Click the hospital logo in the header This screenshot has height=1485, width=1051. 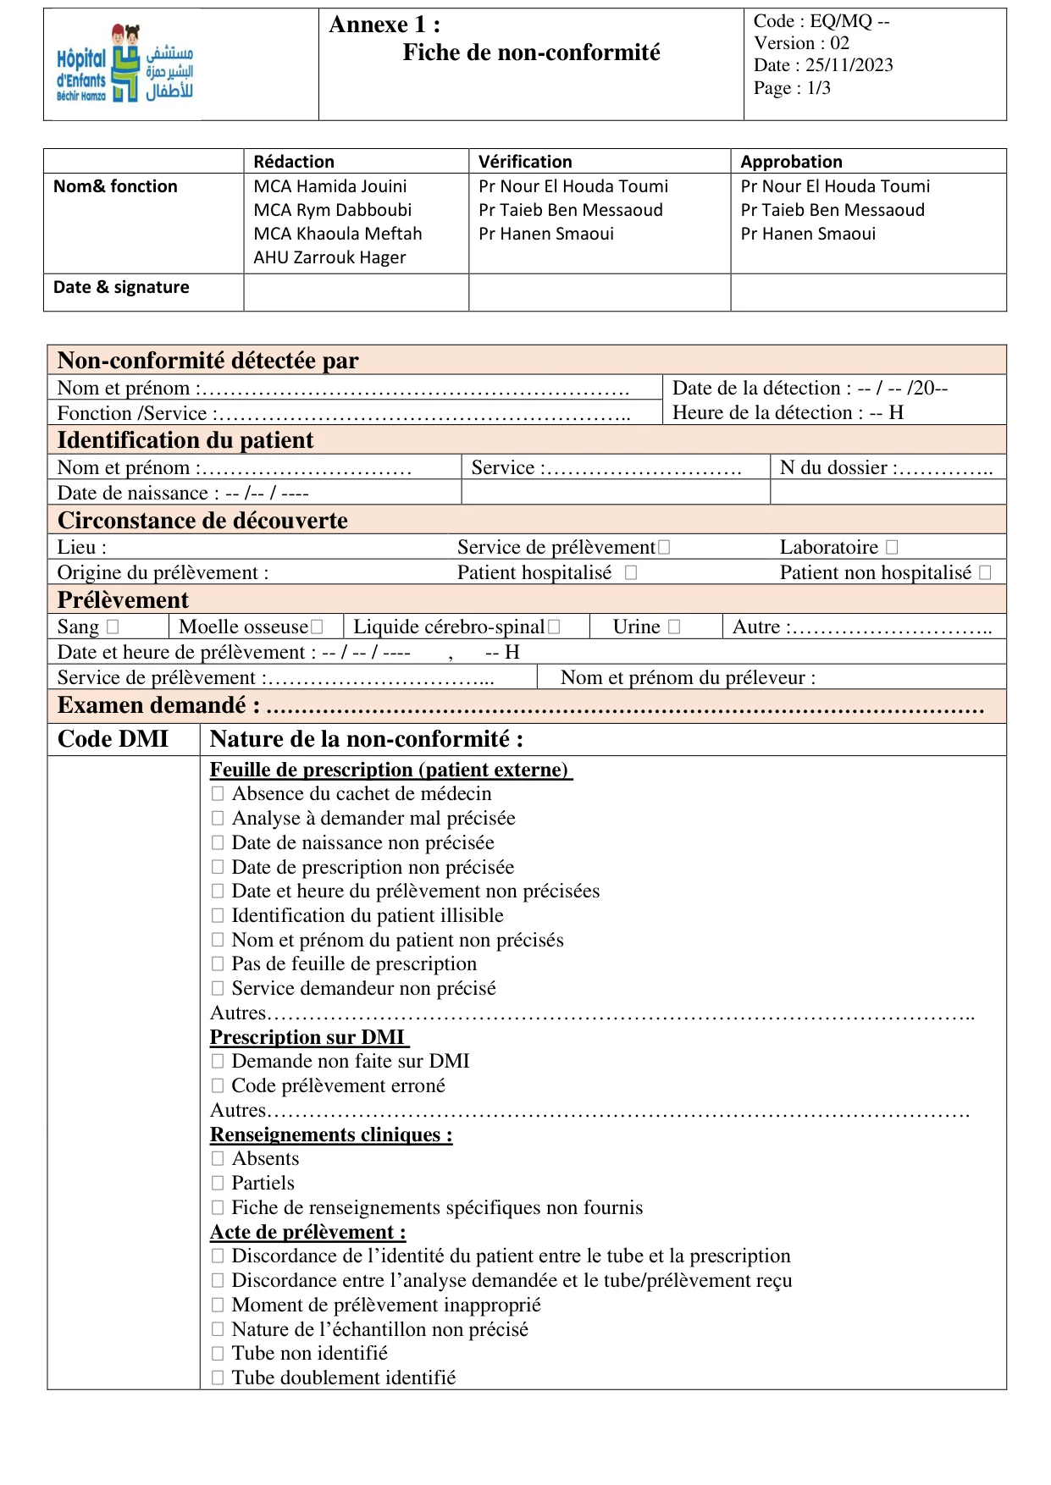(x=124, y=63)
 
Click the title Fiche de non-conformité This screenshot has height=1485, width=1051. (x=531, y=52)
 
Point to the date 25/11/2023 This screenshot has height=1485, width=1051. (x=849, y=65)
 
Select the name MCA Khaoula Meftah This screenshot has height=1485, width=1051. (x=337, y=234)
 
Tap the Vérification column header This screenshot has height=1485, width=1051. (x=525, y=162)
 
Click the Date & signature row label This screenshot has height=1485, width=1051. (x=121, y=287)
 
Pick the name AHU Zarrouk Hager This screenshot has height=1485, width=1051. (x=329, y=257)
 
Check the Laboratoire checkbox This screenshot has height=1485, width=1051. (x=892, y=548)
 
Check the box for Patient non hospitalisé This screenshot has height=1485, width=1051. (x=985, y=573)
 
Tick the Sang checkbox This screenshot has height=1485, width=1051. (x=113, y=627)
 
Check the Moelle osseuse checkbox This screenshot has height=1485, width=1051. (x=317, y=627)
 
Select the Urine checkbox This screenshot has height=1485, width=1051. (x=674, y=627)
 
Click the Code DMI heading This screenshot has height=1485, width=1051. (x=113, y=739)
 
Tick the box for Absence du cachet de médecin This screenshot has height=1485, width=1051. (x=218, y=794)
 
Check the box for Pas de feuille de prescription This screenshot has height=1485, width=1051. (x=218, y=964)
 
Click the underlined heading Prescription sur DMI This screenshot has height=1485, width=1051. (x=307, y=1037)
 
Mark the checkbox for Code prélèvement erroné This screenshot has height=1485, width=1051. (x=218, y=1086)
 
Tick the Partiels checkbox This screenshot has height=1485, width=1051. (x=218, y=1184)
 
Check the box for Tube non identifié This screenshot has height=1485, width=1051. (x=218, y=1354)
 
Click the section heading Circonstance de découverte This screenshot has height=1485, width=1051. (x=202, y=521)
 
